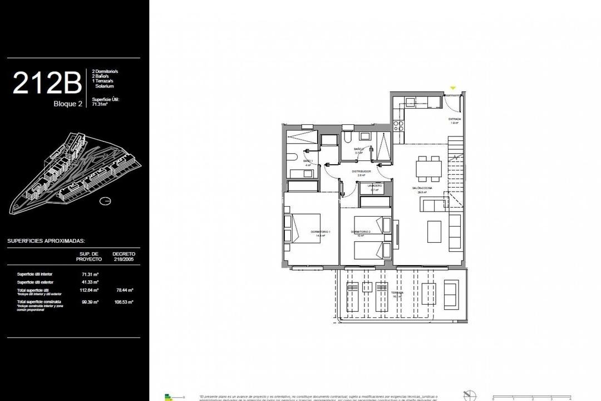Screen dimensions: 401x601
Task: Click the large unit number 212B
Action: [x=47, y=83]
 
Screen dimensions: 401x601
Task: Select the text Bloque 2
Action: [x=68, y=104]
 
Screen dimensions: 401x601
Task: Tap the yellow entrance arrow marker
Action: [x=453, y=88]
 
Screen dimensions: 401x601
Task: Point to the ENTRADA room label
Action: [x=455, y=119]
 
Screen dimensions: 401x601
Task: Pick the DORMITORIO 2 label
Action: [x=361, y=232]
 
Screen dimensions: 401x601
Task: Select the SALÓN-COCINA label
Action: [x=422, y=188]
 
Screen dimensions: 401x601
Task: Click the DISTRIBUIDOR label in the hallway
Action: [x=361, y=172]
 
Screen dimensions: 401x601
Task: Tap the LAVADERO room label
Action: [x=375, y=185]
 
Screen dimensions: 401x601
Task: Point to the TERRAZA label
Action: [x=397, y=292]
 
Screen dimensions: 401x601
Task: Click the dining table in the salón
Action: [x=429, y=169]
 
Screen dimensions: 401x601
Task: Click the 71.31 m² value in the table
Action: [x=90, y=275]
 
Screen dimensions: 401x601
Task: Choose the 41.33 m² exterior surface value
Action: [x=90, y=282]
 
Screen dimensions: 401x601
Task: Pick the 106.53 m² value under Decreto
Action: [x=124, y=302]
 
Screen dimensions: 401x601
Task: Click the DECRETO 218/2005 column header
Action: [x=124, y=256]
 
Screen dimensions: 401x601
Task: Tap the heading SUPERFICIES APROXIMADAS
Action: [x=46, y=241]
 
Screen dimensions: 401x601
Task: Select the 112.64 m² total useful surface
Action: [x=90, y=290]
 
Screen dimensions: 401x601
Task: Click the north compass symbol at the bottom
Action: [x=471, y=394]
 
